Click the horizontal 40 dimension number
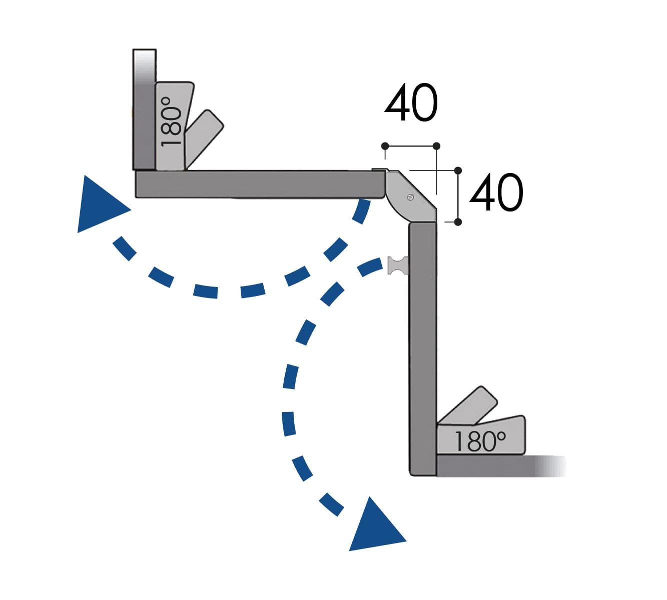tap(411, 103)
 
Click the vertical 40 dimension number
tap(496, 193)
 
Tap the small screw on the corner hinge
tap(411, 197)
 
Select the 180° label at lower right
tap(479, 441)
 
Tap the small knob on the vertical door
tap(398, 265)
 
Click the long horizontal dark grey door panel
tap(260, 184)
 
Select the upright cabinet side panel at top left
tap(144, 110)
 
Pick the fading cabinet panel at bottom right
tap(500, 466)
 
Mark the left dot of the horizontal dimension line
tap(385, 146)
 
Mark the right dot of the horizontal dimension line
tap(436, 146)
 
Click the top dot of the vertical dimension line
tap(458, 170)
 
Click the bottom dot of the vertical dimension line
tap(458, 221)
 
